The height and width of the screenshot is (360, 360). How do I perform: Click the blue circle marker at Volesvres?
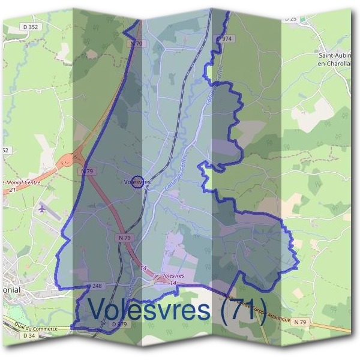(137, 182)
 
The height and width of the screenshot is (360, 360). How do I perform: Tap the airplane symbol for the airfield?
(41, 209)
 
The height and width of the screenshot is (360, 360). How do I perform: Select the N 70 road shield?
(137, 44)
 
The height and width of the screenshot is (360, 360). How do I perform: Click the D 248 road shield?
(95, 286)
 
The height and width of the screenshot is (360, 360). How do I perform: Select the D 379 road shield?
(120, 324)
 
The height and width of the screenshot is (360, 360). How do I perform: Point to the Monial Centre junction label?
(24, 182)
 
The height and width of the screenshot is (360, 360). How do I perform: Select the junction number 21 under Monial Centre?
(13, 190)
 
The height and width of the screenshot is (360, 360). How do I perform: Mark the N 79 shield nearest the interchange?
(87, 171)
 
